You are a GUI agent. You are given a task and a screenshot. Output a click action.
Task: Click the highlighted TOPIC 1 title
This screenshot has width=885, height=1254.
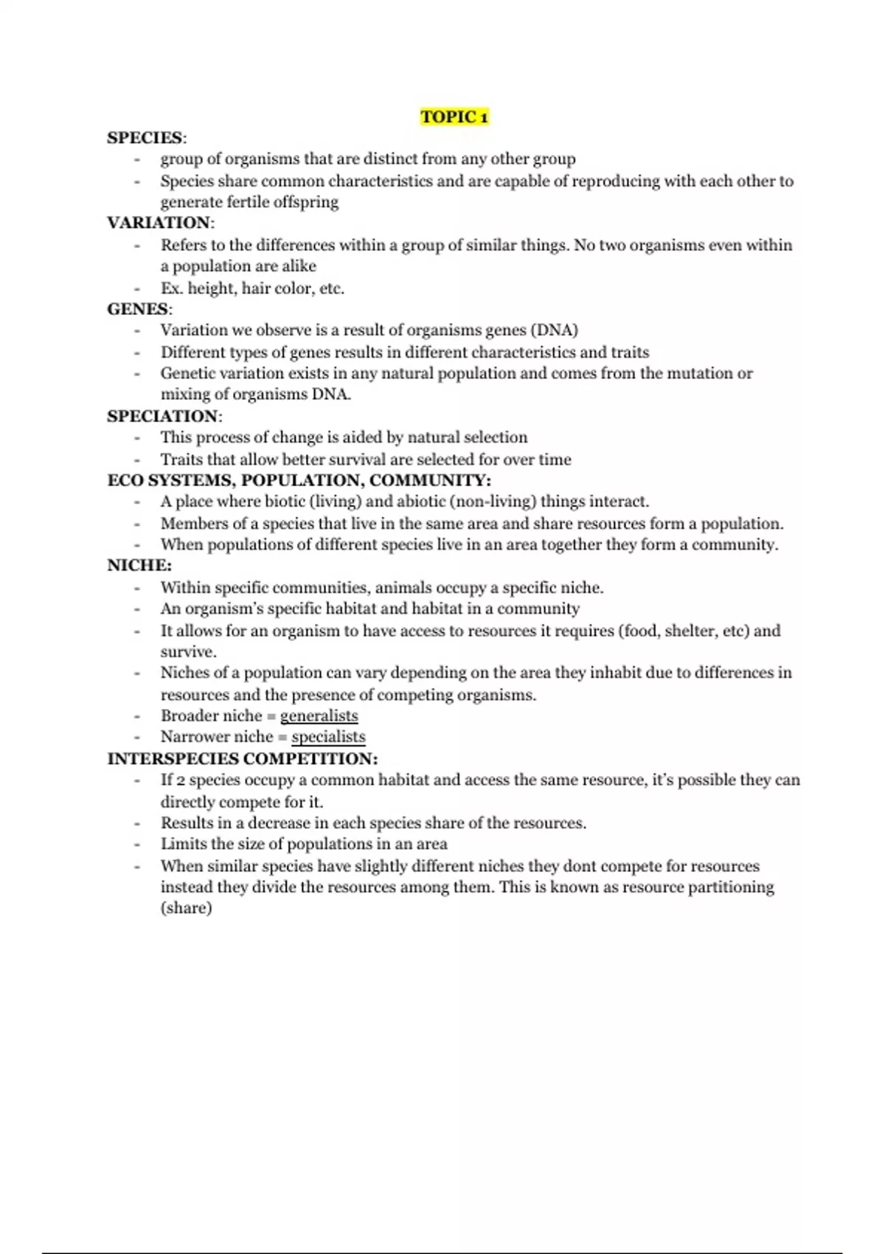click(x=454, y=117)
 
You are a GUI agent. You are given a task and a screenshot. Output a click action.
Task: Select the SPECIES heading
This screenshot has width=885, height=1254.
click(x=145, y=138)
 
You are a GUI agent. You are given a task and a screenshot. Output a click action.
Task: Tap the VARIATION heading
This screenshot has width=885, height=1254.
click(x=159, y=223)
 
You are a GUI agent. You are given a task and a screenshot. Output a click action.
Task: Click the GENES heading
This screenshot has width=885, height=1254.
click(x=138, y=309)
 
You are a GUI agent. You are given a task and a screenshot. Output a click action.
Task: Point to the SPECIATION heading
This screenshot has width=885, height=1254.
click(x=163, y=416)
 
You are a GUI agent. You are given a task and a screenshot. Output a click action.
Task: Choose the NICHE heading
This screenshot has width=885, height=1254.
click(x=138, y=566)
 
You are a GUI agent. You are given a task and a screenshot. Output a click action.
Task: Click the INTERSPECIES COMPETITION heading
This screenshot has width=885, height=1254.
click(x=242, y=759)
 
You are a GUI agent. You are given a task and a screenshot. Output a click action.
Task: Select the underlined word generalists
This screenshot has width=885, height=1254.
click(x=319, y=716)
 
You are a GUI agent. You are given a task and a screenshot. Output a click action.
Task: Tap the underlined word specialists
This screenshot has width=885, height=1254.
click(x=328, y=737)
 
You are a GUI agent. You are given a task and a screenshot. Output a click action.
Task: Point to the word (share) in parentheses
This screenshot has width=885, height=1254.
click(x=186, y=908)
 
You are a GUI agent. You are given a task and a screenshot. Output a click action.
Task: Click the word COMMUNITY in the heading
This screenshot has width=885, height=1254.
click(x=429, y=481)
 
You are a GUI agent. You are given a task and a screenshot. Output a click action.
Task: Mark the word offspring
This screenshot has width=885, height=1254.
click(x=305, y=202)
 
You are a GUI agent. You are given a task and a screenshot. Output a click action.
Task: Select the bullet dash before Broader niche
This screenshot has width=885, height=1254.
click(x=137, y=716)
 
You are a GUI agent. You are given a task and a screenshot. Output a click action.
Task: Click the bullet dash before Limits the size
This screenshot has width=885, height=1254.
click(x=137, y=845)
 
